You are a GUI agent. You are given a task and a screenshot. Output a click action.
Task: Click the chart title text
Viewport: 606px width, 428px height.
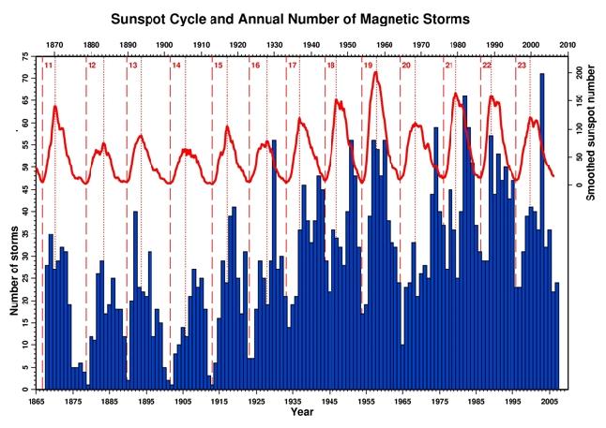302,18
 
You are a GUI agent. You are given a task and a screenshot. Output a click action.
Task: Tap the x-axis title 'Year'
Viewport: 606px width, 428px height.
302,412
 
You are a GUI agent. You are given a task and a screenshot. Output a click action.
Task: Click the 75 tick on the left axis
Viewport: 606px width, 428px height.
25,56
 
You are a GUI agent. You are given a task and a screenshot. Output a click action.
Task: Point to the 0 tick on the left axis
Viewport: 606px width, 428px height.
27,390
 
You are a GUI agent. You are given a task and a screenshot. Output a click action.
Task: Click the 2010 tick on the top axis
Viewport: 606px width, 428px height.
568,45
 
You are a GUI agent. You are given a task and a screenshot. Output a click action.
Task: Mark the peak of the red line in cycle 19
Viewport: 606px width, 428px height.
376,72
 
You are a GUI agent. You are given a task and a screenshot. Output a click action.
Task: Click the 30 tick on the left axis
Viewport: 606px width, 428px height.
25,256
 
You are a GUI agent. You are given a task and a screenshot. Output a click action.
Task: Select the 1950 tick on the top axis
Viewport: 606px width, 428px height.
348,45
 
